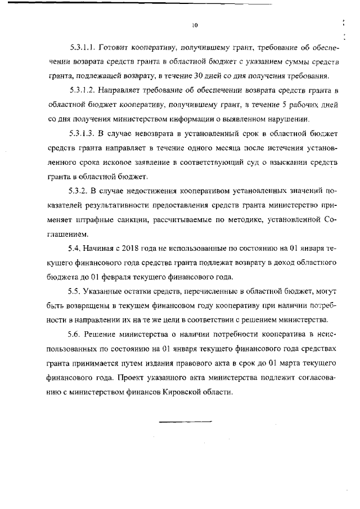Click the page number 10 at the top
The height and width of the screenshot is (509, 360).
[195, 25]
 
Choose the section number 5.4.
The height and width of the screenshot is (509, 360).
[74, 248]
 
